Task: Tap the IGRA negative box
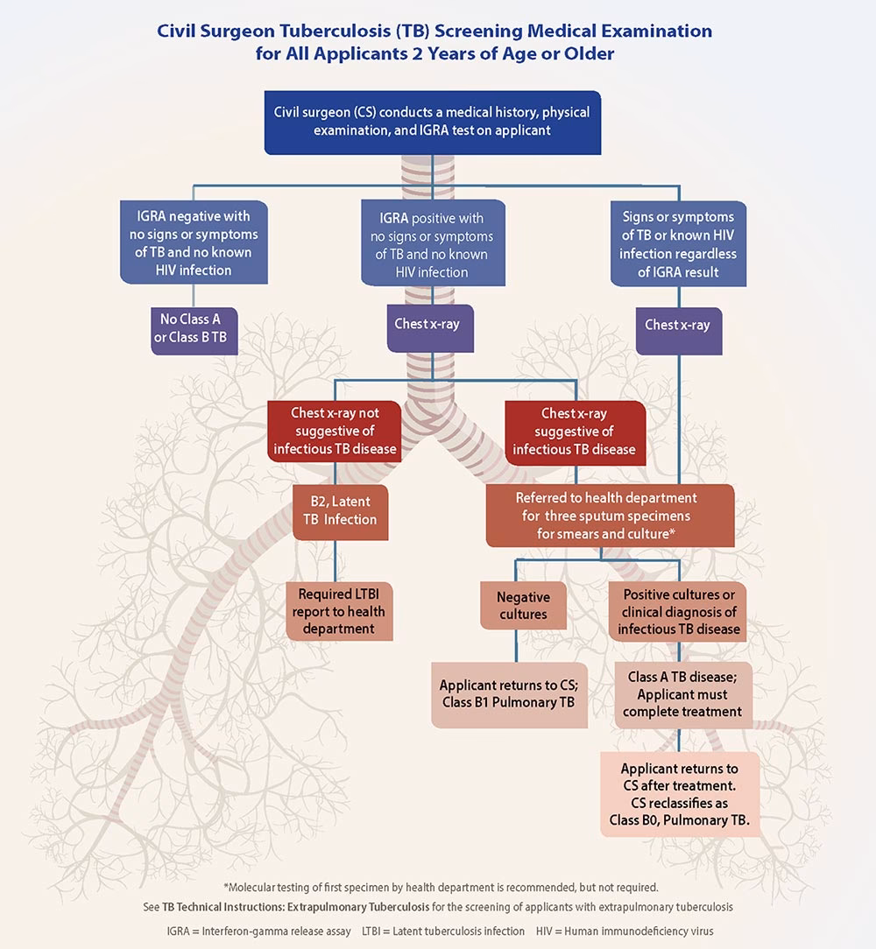pos(194,243)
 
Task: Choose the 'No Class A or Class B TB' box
pos(194,328)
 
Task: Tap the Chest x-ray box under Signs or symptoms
pos(678,325)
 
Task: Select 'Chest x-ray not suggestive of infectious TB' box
pos(335,432)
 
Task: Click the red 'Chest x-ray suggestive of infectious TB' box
pos(574,432)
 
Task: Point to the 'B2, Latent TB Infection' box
pos(340,510)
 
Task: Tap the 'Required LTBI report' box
pos(339,612)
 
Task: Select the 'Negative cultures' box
pos(523,606)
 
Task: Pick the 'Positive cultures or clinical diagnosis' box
pos(679,611)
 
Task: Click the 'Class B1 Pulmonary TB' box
pos(509,694)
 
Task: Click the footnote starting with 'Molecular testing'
pos(439,887)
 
